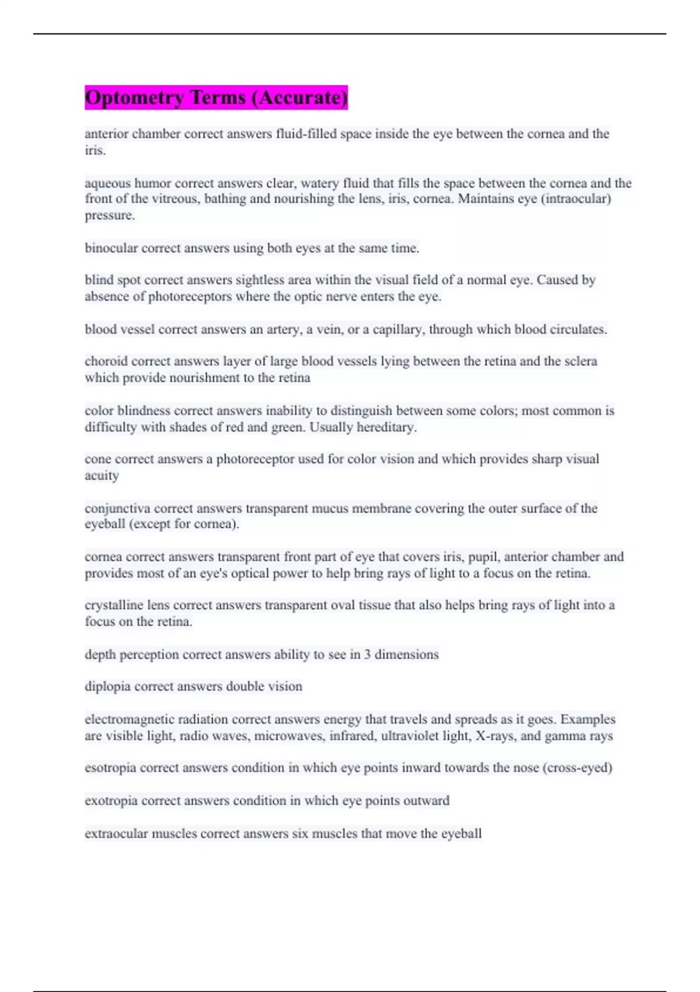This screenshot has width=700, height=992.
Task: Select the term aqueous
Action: tap(107, 183)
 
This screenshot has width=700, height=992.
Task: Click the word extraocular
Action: tap(116, 833)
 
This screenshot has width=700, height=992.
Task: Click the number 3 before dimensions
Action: tap(367, 654)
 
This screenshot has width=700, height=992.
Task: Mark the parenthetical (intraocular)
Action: tap(575, 199)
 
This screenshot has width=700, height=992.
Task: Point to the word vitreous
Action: tap(174, 199)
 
